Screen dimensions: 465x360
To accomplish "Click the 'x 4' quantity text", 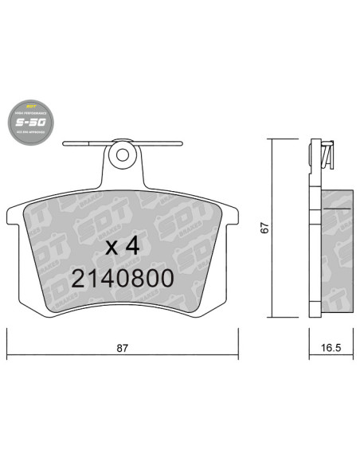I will [x=123, y=246].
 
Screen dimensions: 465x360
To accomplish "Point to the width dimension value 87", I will [x=122, y=348].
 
